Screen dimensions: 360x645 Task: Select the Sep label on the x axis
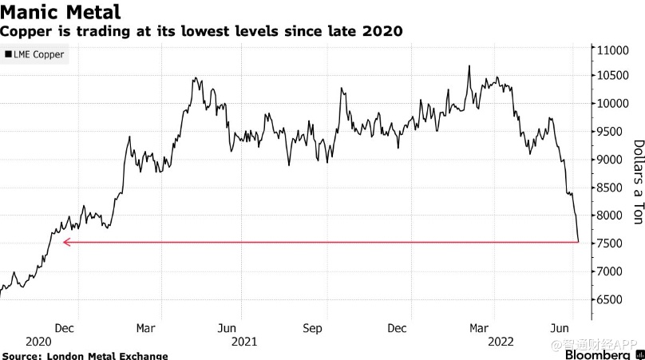[x=313, y=327]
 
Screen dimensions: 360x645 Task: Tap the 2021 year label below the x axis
[x=244, y=341]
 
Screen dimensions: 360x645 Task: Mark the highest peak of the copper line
[x=469, y=66]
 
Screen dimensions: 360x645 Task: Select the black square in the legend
[x=8, y=55]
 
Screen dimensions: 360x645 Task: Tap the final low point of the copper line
[x=579, y=241]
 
